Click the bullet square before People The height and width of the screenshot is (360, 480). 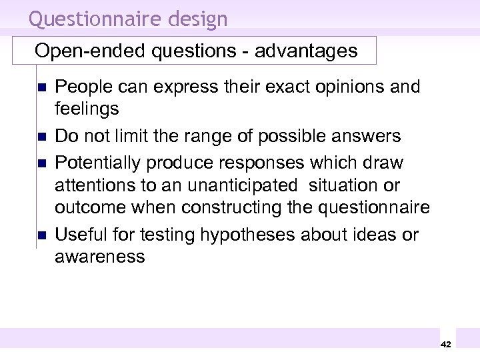(x=41, y=87)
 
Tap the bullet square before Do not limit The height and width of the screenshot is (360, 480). (x=41, y=137)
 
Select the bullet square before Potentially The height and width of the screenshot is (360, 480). (x=41, y=162)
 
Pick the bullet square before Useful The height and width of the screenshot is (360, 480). (x=41, y=236)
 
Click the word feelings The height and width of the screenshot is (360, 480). (x=87, y=109)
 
